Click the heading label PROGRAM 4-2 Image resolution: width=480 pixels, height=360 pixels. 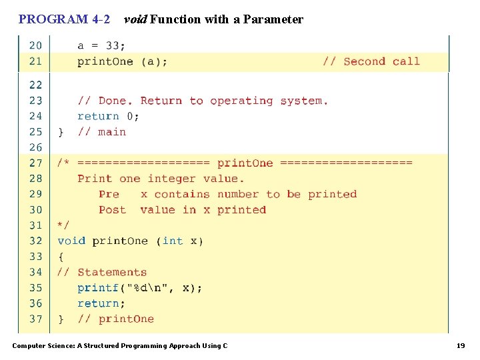64,19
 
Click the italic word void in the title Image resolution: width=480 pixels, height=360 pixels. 135,19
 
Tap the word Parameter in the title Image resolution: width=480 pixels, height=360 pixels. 273,19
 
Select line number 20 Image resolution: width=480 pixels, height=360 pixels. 35,45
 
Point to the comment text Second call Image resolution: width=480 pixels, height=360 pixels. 381,61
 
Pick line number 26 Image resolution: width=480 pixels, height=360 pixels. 35,147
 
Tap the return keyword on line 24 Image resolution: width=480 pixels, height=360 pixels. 98,116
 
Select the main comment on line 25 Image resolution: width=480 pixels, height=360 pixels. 112,132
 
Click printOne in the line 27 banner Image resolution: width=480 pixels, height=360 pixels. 245,163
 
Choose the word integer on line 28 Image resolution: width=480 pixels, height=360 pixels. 172,179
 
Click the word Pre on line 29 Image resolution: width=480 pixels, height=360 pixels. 109,194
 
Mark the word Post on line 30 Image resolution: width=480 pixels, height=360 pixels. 112,209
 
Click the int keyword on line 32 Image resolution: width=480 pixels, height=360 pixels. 173,241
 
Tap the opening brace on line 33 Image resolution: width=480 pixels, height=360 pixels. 61,257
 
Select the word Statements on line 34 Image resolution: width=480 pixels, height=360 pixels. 112,272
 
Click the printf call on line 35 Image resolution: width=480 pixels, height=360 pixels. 98,288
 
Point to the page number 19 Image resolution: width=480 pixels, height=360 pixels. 461,345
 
